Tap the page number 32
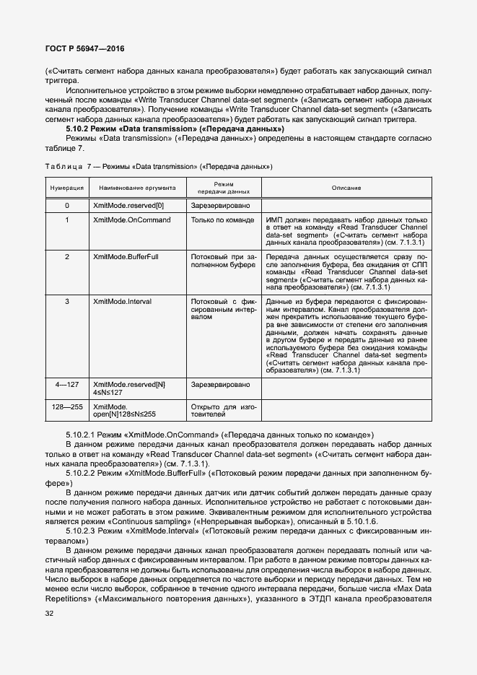pos(50,614)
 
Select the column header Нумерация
pos(67,188)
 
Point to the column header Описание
pos(346,188)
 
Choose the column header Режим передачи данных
pos(224,188)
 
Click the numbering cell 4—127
pos(67,386)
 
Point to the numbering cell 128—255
pos(67,407)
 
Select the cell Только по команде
pos(221,219)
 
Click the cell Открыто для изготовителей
pos(224,411)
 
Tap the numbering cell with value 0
pos(67,206)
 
